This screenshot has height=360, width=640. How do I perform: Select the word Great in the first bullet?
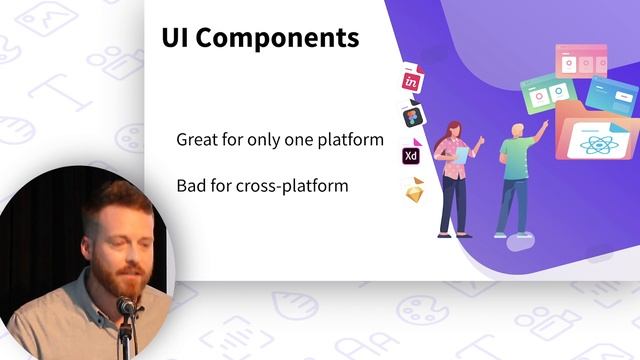(x=199, y=140)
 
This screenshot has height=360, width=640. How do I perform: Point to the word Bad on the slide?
(x=192, y=185)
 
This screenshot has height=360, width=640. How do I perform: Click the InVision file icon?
(x=411, y=81)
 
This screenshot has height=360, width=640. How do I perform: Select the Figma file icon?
(x=412, y=117)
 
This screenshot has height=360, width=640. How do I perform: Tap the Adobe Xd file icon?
(x=411, y=155)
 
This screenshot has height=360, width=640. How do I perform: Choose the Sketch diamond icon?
(x=414, y=190)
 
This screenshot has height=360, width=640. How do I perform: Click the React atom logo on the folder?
(x=601, y=143)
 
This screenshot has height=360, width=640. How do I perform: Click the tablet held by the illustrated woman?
(x=462, y=155)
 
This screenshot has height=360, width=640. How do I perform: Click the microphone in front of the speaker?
(x=125, y=306)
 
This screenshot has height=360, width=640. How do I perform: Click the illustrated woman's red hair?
(x=452, y=130)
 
